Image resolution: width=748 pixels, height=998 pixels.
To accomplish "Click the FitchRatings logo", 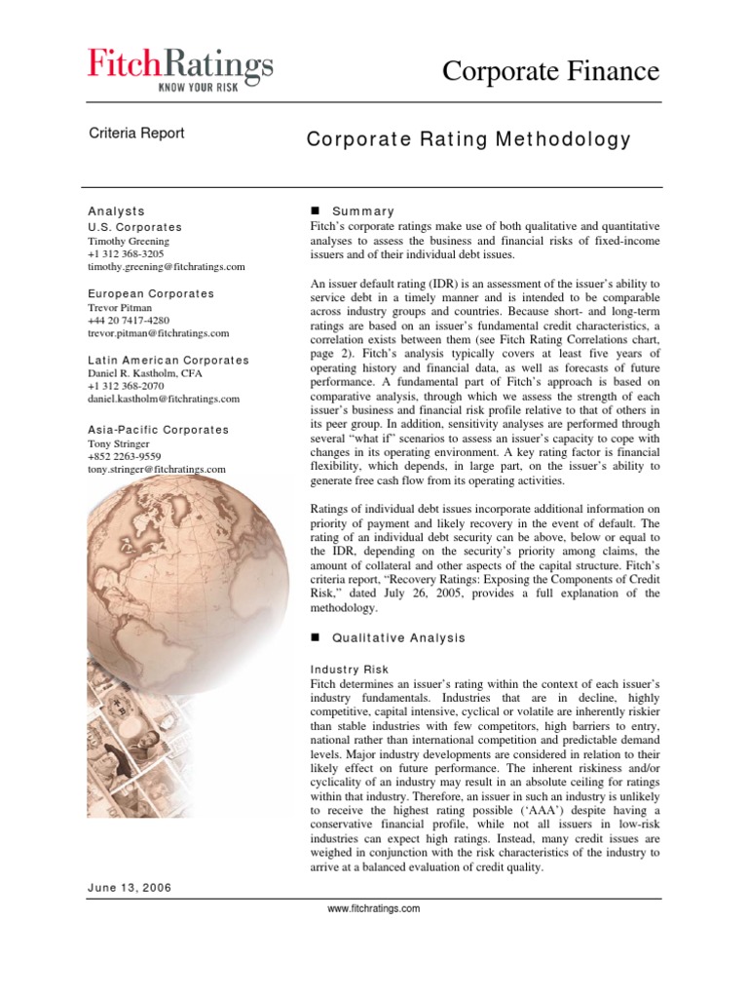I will pyautogui.click(x=179, y=66).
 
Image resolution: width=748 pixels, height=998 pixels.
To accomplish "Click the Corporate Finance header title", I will pyautogui.click(x=550, y=70).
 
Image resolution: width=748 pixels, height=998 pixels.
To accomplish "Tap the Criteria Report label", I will pyautogui.click(x=136, y=134).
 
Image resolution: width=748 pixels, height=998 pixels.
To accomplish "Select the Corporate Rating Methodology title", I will pyautogui.click(x=468, y=139).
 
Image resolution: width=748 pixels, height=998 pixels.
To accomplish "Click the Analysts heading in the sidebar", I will pyautogui.click(x=116, y=211).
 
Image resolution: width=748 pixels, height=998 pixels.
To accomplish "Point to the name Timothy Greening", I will pyautogui.click(x=129, y=241).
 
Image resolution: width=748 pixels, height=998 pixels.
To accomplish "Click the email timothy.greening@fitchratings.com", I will pyautogui.click(x=166, y=266).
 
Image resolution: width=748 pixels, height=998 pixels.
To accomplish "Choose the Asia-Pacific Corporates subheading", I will pyautogui.click(x=158, y=430).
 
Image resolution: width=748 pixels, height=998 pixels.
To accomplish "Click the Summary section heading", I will pyautogui.click(x=362, y=211).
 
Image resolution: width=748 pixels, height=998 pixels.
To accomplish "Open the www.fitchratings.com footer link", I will pyautogui.click(x=375, y=908).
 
